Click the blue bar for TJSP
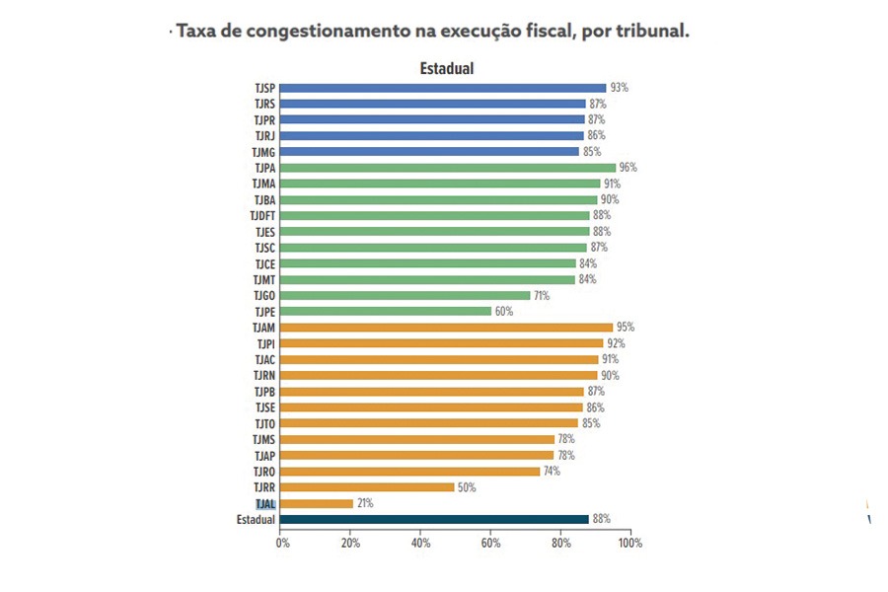coord(444,88)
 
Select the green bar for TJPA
coord(449,168)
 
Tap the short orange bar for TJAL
coord(318,503)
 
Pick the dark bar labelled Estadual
coord(435,519)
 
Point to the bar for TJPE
coord(387,311)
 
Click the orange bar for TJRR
coord(368,487)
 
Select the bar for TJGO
coord(406,295)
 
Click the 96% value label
coord(629,168)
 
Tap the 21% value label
coord(366,503)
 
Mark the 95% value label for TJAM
coord(626,328)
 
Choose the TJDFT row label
coord(261,215)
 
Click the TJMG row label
coord(262,152)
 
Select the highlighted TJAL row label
coord(264,503)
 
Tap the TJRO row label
coord(263,472)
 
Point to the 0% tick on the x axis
coord(283,543)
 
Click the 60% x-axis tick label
coord(491,543)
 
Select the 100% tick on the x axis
coord(629,543)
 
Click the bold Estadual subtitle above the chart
coord(447,69)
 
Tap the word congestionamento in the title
coord(329,31)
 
